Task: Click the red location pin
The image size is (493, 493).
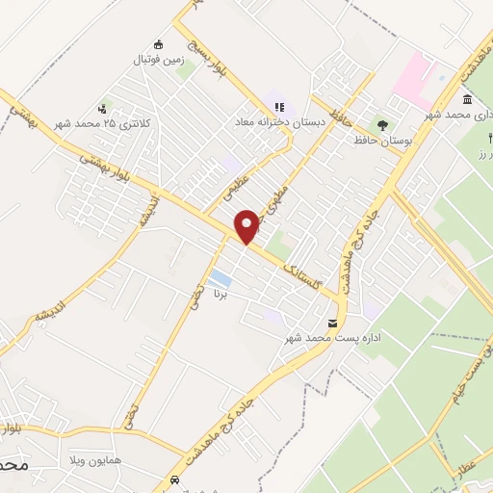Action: click(x=247, y=225)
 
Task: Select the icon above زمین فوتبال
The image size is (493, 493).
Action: click(x=159, y=43)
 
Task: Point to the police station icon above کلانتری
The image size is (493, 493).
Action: click(x=102, y=109)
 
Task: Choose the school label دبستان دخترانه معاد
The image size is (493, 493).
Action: click(x=279, y=123)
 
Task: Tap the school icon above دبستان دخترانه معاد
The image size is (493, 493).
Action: click(x=279, y=107)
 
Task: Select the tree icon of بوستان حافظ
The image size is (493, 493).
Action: click(x=383, y=125)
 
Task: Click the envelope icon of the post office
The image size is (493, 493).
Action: click(x=333, y=323)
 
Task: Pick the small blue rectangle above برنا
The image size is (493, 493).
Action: click(x=221, y=279)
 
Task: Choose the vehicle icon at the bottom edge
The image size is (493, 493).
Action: click(x=173, y=480)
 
